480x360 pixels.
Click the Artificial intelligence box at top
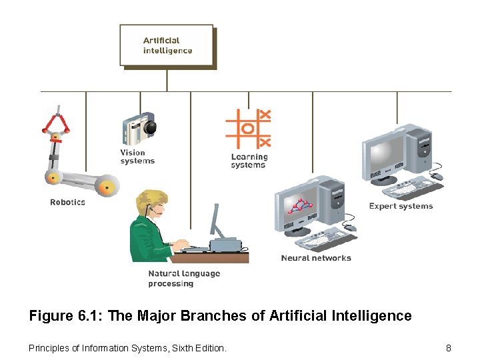[167, 45]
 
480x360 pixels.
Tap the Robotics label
[67, 202]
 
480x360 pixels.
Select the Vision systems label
[137, 157]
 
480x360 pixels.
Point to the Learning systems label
[249, 161]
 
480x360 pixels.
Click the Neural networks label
[315, 258]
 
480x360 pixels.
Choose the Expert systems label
[401, 206]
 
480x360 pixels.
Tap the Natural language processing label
[183, 279]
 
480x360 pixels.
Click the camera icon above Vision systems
[139, 127]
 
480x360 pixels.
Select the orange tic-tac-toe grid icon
[248, 129]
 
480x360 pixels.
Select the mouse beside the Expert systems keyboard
[437, 177]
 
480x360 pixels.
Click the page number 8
[449, 348]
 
